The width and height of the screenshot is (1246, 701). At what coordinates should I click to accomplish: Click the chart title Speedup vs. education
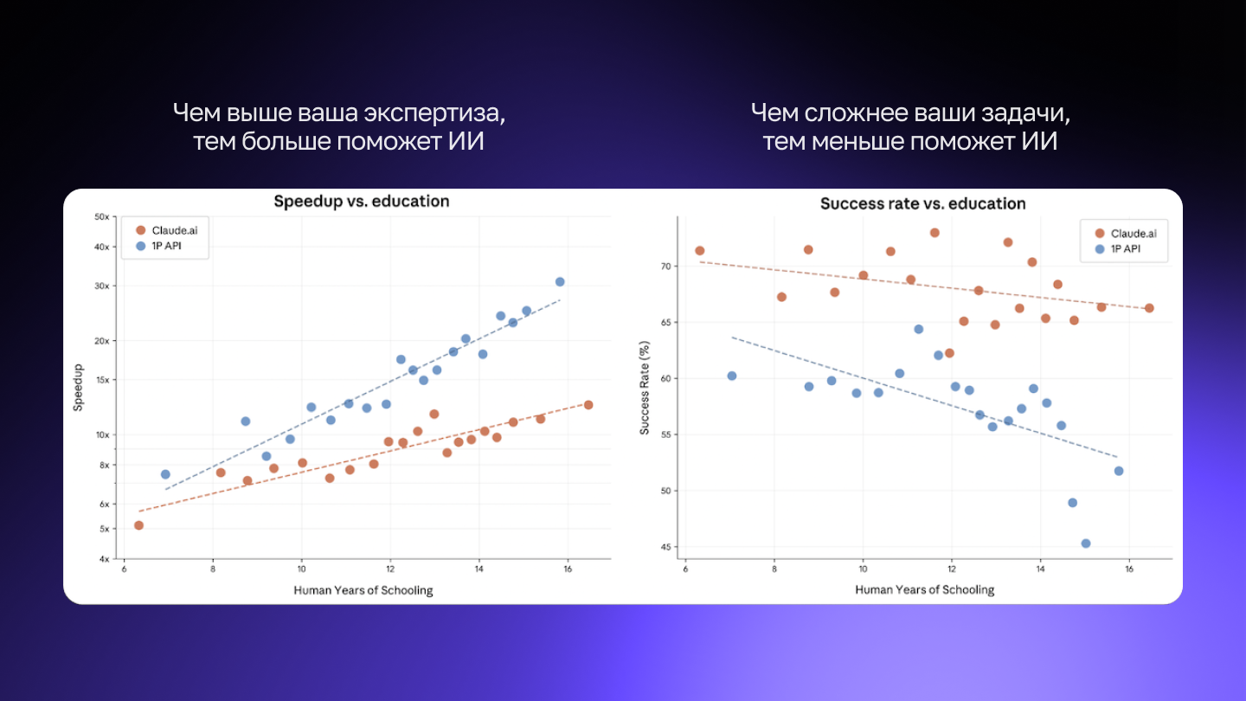tap(362, 202)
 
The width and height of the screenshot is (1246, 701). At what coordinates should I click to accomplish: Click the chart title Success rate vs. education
tap(922, 204)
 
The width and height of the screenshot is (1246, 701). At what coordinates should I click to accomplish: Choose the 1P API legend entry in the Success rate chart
tap(1126, 249)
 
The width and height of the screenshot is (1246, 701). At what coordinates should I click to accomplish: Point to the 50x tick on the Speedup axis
tap(101, 216)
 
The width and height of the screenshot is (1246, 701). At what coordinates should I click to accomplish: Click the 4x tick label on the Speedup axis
tap(103, 559)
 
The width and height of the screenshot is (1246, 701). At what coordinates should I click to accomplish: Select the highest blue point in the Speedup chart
tap(560, 281)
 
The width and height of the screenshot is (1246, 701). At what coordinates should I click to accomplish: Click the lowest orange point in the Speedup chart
tap(138, 525)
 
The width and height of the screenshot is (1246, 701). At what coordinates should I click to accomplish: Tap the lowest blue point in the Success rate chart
tap(1086, 543)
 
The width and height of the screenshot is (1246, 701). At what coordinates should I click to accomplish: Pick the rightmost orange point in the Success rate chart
tap(1149, 308)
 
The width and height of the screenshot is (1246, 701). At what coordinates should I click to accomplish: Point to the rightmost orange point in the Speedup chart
tap(588, 405)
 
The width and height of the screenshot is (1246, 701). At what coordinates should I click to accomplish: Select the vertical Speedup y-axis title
tap(78, 388)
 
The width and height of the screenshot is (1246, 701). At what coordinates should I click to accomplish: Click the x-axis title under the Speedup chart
tap(363, 590)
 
